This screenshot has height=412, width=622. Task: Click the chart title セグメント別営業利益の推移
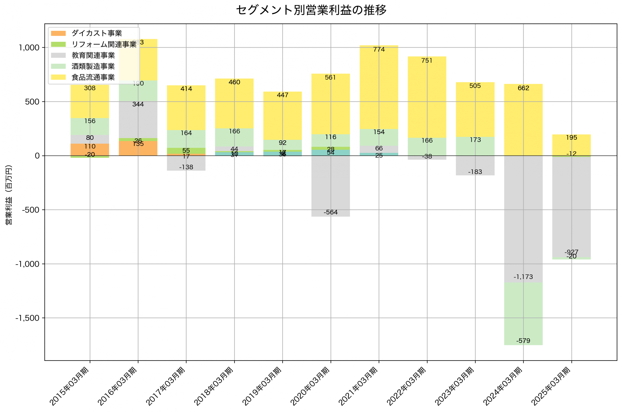pyautogui.click(x=311, y=10)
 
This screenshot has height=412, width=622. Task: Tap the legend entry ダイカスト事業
pyautogui.click(x=96, y=33)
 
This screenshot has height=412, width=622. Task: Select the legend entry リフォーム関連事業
pyautogui.click(x=104, y=44)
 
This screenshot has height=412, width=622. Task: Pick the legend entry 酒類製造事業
pyautogui.click(x=93, y=66)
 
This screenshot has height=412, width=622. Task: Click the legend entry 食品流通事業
pyautogui.click(x=93, y=77)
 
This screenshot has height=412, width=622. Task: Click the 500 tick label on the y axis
pyautogui.click(x=32, y=102)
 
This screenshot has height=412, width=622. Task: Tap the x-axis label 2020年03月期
pyautogui.click(x=310, y=386)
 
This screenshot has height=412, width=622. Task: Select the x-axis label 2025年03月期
pyautogui.click(x=551, y=386)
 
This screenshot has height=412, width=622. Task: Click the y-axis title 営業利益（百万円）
pyautogui.click(x=9, y=195)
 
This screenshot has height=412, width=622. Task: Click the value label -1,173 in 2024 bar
pyautogui.click(x=523, y=277)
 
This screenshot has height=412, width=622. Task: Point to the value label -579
pyautogui.click(x=523, y=341)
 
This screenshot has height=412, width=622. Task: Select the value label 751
pyautogui.click(x=427, y=61)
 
